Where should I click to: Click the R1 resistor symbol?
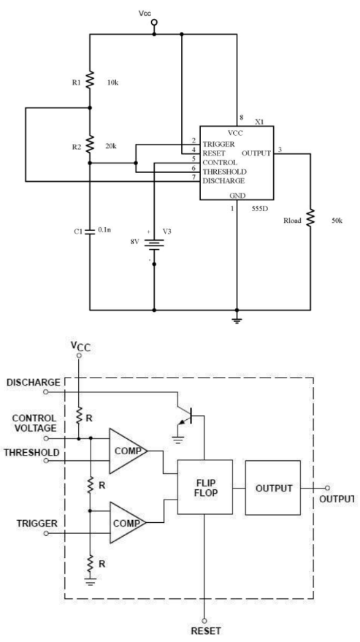90,80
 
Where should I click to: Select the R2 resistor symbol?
90,144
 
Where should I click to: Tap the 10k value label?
113,79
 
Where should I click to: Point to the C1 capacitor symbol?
90,231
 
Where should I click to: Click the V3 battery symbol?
154,242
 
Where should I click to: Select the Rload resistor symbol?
310,216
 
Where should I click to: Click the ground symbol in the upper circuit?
236,319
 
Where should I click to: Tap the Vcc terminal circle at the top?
154,23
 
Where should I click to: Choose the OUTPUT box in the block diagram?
272,487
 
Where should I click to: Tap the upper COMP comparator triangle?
127,451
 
